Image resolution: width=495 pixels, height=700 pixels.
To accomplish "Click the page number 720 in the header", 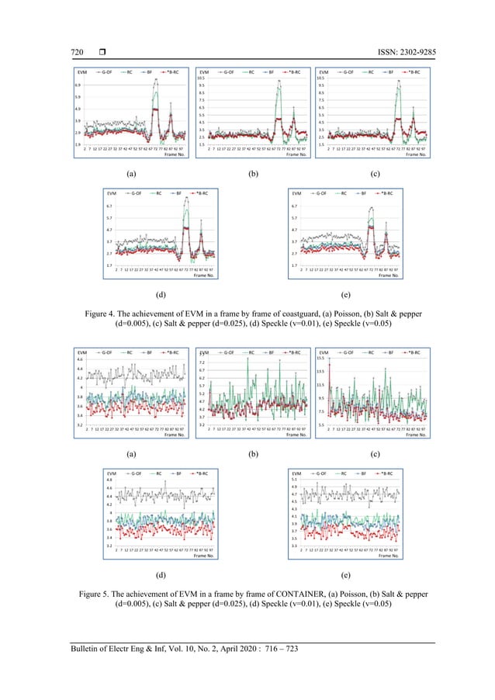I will [69, 52].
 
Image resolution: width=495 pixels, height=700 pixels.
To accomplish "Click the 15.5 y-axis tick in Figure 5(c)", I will [324, 359].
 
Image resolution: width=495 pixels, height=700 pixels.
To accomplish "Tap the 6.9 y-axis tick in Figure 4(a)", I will [78, 84].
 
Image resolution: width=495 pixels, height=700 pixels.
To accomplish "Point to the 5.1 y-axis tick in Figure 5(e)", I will [295, 480].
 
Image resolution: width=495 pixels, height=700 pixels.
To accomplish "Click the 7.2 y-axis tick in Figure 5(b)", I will [202, 363].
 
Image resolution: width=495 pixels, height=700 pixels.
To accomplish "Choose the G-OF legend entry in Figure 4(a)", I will [106, 71].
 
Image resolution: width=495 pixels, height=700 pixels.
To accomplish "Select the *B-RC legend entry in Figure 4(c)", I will [413, 71].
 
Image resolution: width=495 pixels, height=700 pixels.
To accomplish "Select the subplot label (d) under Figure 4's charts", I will [160, 296].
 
